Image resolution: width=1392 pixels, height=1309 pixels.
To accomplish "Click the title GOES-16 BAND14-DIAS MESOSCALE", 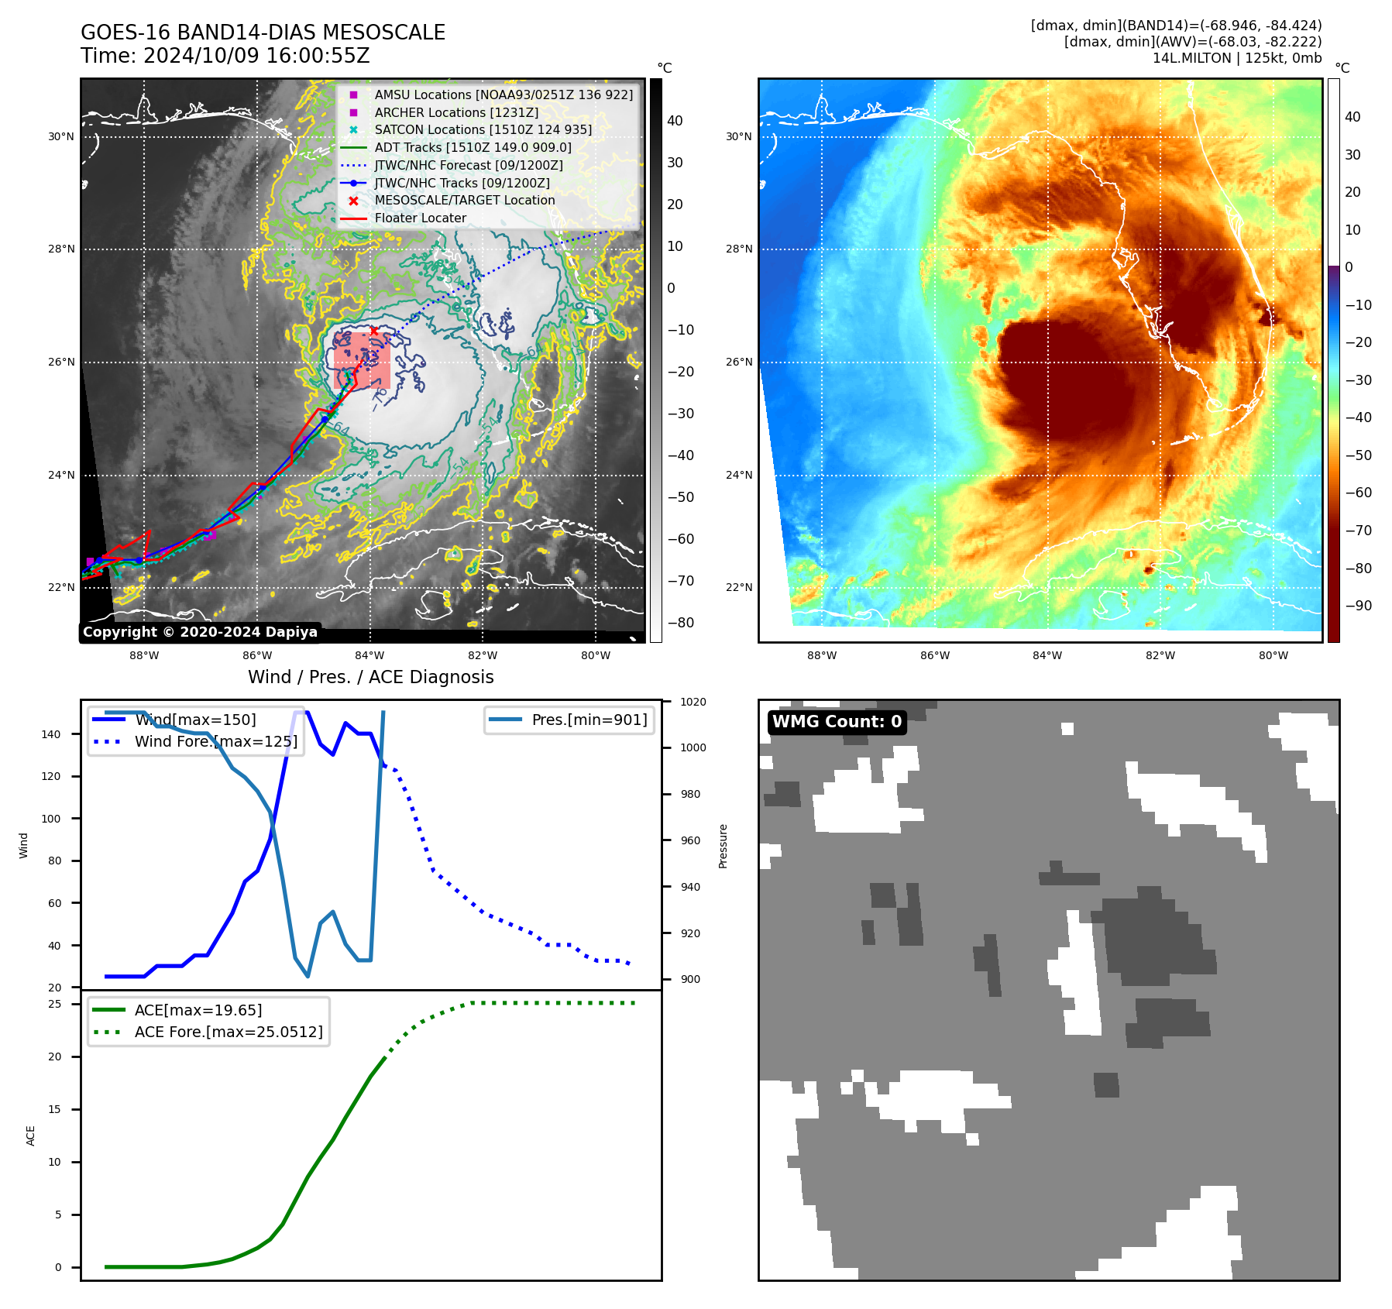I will [x=263, y=33].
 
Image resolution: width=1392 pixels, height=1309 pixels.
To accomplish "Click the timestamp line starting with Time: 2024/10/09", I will [x=225, y=57].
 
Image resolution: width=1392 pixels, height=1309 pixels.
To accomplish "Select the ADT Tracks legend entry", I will [x=473, y=147].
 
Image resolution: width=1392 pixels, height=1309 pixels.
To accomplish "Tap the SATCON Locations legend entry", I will [x=483, y=129].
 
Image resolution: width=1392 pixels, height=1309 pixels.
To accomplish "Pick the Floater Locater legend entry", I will [x=420, y=218].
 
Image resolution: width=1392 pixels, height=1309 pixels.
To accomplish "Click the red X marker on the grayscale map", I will [x=374, y=331].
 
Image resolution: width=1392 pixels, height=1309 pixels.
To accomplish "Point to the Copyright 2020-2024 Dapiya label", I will [x=200, y=632].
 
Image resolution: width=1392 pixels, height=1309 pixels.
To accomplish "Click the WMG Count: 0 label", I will [x=837, y=722].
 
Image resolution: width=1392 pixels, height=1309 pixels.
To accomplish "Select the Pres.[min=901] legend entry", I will [x=589, y=720].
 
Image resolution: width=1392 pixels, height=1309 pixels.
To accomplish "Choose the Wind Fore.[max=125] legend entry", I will [x=215, y=741].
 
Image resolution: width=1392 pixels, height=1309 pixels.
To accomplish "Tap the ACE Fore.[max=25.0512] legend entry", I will [x=229, y=1032].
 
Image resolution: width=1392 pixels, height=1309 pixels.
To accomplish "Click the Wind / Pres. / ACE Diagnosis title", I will [x=370, y=677].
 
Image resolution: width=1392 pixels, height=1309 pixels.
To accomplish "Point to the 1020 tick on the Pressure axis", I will [x=693, y=702].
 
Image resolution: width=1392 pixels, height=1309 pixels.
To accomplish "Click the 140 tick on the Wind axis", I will [x=51, y=734].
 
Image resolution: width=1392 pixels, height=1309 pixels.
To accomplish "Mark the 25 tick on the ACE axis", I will [x=55, y=1004].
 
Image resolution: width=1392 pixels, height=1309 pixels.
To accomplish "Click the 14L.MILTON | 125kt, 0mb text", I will [x=1236, y=58].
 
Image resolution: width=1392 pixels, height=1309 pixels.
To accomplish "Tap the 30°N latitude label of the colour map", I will [x=739, y=137].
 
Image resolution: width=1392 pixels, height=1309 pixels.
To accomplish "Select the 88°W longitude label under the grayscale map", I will [x=144, y=655].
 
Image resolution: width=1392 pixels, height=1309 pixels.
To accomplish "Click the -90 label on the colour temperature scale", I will [x=1358, y=606].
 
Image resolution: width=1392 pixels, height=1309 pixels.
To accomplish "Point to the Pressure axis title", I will [x=723, y=846].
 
